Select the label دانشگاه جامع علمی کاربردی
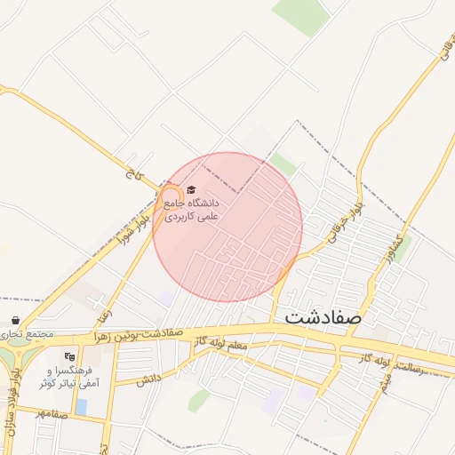pos(190,209)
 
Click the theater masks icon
pos(71,356)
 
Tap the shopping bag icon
pos(15,320)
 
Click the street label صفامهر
pos(52,413)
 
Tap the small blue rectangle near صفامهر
pos(82,407)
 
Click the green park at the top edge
pos(300,15)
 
